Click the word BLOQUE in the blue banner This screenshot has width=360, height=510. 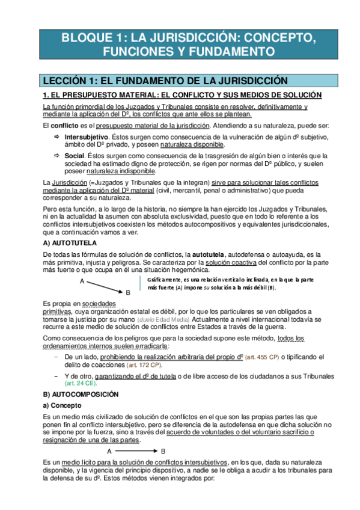click(85, 39)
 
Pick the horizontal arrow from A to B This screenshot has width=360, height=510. click(135, 450)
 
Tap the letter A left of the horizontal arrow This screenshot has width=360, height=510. click(109, 450)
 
